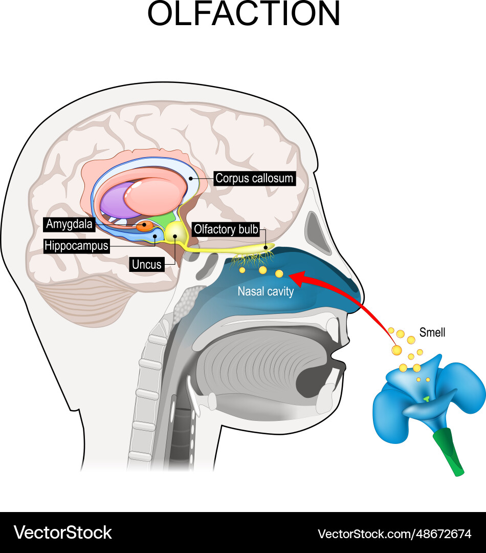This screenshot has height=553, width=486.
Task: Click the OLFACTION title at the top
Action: click(x=244, y=14)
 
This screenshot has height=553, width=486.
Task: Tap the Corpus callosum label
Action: click(x=254, y=178)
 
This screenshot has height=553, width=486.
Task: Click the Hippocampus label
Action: click(x=76, y=246)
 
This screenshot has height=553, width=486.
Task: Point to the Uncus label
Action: click(x=146, y=265)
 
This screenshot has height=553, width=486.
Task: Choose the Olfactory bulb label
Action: click(x=226, y=229)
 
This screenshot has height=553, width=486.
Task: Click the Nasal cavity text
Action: click(x=265, y=292)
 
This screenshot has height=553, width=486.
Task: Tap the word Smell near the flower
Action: click(x=432, y=333)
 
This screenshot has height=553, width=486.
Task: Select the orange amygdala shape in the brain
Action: click(x=144, y=225)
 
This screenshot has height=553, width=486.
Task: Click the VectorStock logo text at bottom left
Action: click(x=62, y=533)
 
